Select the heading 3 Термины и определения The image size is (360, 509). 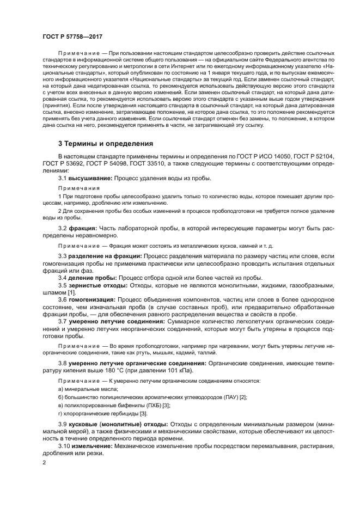(x=106, y=144)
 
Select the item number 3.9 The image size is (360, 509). (x=63, y=423)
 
